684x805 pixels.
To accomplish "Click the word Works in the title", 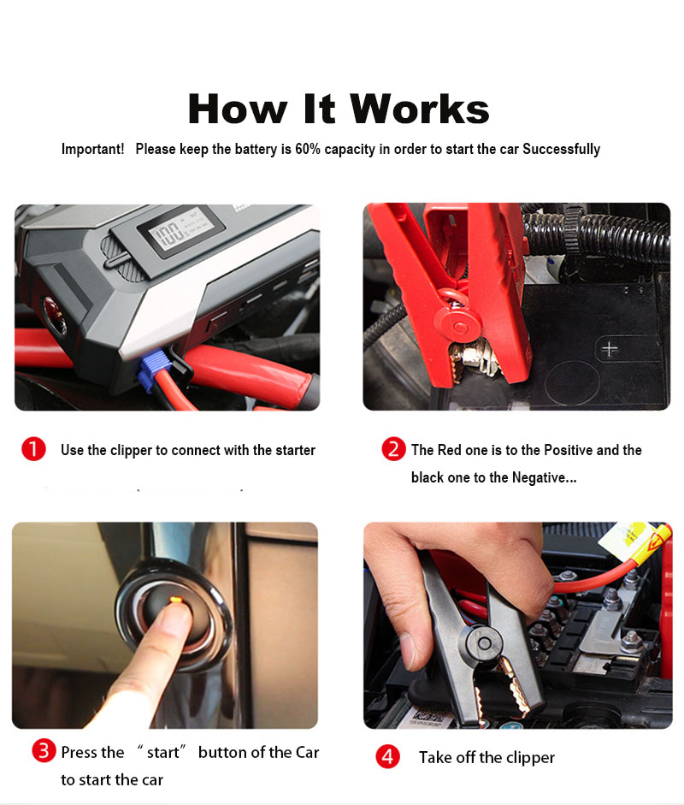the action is point(419,109).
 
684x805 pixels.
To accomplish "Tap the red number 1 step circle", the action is point(34,449).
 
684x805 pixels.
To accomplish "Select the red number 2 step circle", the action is point(393,449).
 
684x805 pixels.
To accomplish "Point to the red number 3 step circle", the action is point(44,750).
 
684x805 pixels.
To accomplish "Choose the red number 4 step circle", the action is point(387,756).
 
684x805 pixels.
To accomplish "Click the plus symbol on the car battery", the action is point(609,349).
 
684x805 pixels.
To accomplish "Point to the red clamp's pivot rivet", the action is point(459,325).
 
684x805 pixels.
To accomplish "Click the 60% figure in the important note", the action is point(307,149).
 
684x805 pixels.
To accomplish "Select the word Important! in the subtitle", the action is point(93,149).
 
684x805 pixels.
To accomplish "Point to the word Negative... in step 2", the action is point(545,477).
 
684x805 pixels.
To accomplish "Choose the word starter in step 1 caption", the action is point(295,450).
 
